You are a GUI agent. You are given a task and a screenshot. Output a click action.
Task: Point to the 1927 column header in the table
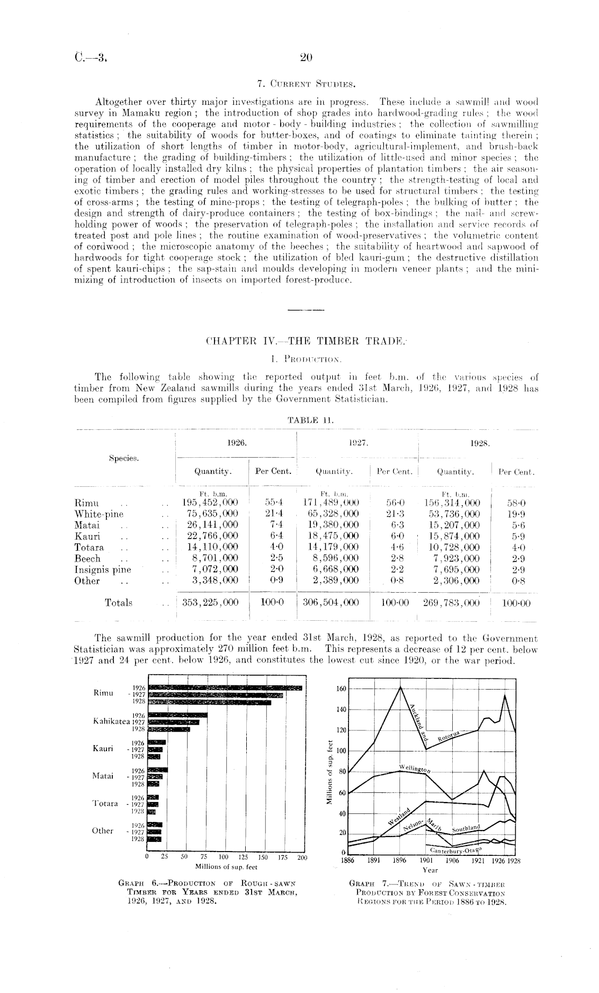(x=358, y=442)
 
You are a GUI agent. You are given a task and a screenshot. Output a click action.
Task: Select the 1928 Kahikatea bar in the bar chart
(x=169, y=729)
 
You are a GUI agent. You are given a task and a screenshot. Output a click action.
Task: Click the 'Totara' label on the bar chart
(x=106, y=804)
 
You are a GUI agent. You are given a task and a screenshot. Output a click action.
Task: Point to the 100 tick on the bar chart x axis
(x=224, y=857)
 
